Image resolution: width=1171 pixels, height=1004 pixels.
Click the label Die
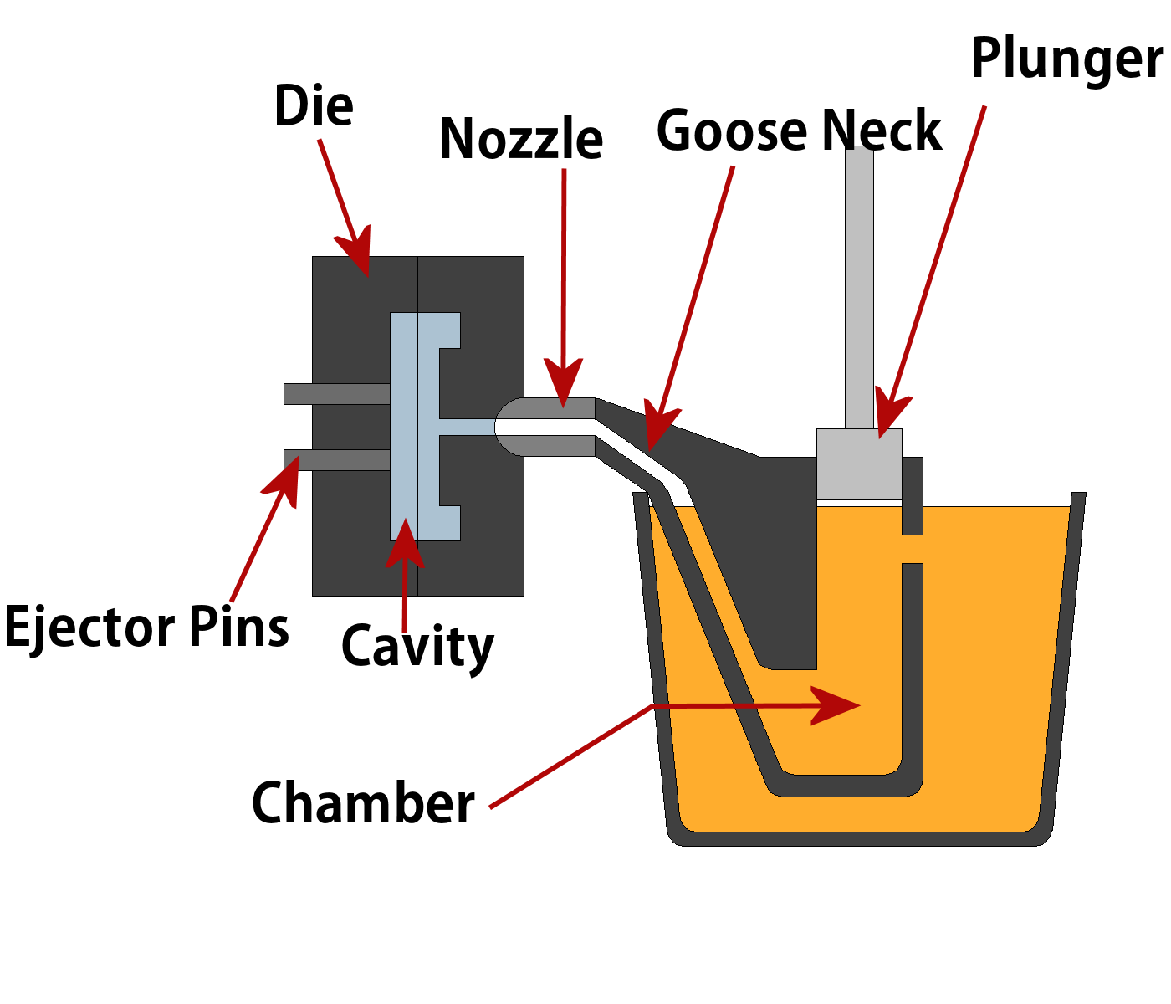(x=314, y=106)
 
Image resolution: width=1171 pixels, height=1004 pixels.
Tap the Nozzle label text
(x=520, y=139)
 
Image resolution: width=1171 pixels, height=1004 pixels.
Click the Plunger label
(x=1066, y=60)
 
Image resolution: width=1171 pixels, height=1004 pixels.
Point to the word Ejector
(x=89, y=627)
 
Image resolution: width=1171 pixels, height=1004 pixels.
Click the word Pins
(x=239, y=627)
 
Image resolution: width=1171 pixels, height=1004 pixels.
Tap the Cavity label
(x=417, y=647)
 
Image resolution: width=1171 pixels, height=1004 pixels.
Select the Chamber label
(x=363, y=803)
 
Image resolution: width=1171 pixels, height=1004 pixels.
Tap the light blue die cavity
(x=404, y=427)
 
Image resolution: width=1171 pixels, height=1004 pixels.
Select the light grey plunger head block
(x=859, y=464)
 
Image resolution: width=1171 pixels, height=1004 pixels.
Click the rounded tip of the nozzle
(x=507, y=427)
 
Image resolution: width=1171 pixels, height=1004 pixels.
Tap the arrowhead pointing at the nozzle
(x=563, y=385)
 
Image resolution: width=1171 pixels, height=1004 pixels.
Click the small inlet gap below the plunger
(x=913, y=549)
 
